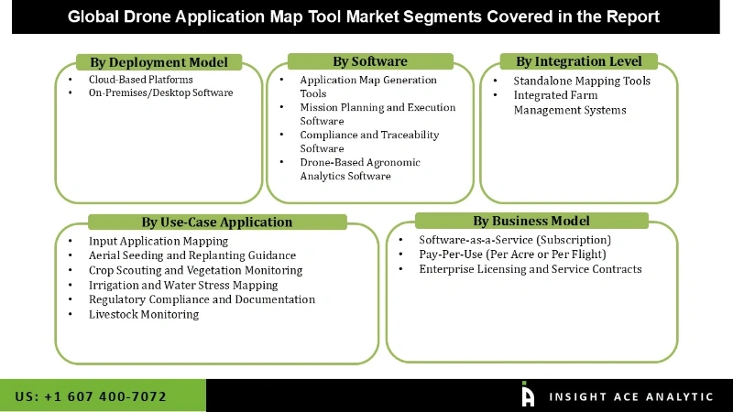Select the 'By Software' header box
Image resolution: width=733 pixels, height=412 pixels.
point(369,61)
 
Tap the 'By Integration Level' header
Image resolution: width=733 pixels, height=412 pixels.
point(578,61)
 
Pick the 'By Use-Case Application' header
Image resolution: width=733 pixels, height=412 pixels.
point(217,222)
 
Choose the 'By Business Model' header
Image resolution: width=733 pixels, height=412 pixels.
point(531,221)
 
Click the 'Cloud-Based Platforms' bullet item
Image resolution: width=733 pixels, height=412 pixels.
point(140,80)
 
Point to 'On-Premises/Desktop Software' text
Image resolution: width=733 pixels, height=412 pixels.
point(160,92)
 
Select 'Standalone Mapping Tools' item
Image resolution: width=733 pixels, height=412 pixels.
point(582,81)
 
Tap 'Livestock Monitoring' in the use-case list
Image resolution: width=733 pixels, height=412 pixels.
point(144,314)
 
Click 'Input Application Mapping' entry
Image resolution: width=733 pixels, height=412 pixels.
point(159,241)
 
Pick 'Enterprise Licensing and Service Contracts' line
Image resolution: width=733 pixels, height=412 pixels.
point(531,269)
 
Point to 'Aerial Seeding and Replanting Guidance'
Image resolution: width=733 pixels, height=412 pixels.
point(192,255)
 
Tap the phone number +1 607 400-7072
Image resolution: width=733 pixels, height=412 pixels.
point(91,396)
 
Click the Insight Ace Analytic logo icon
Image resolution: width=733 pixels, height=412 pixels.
point(528,395)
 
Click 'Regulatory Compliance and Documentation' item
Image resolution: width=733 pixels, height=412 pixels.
point(202,299)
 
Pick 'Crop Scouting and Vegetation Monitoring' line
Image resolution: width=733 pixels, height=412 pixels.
point(195,270)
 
